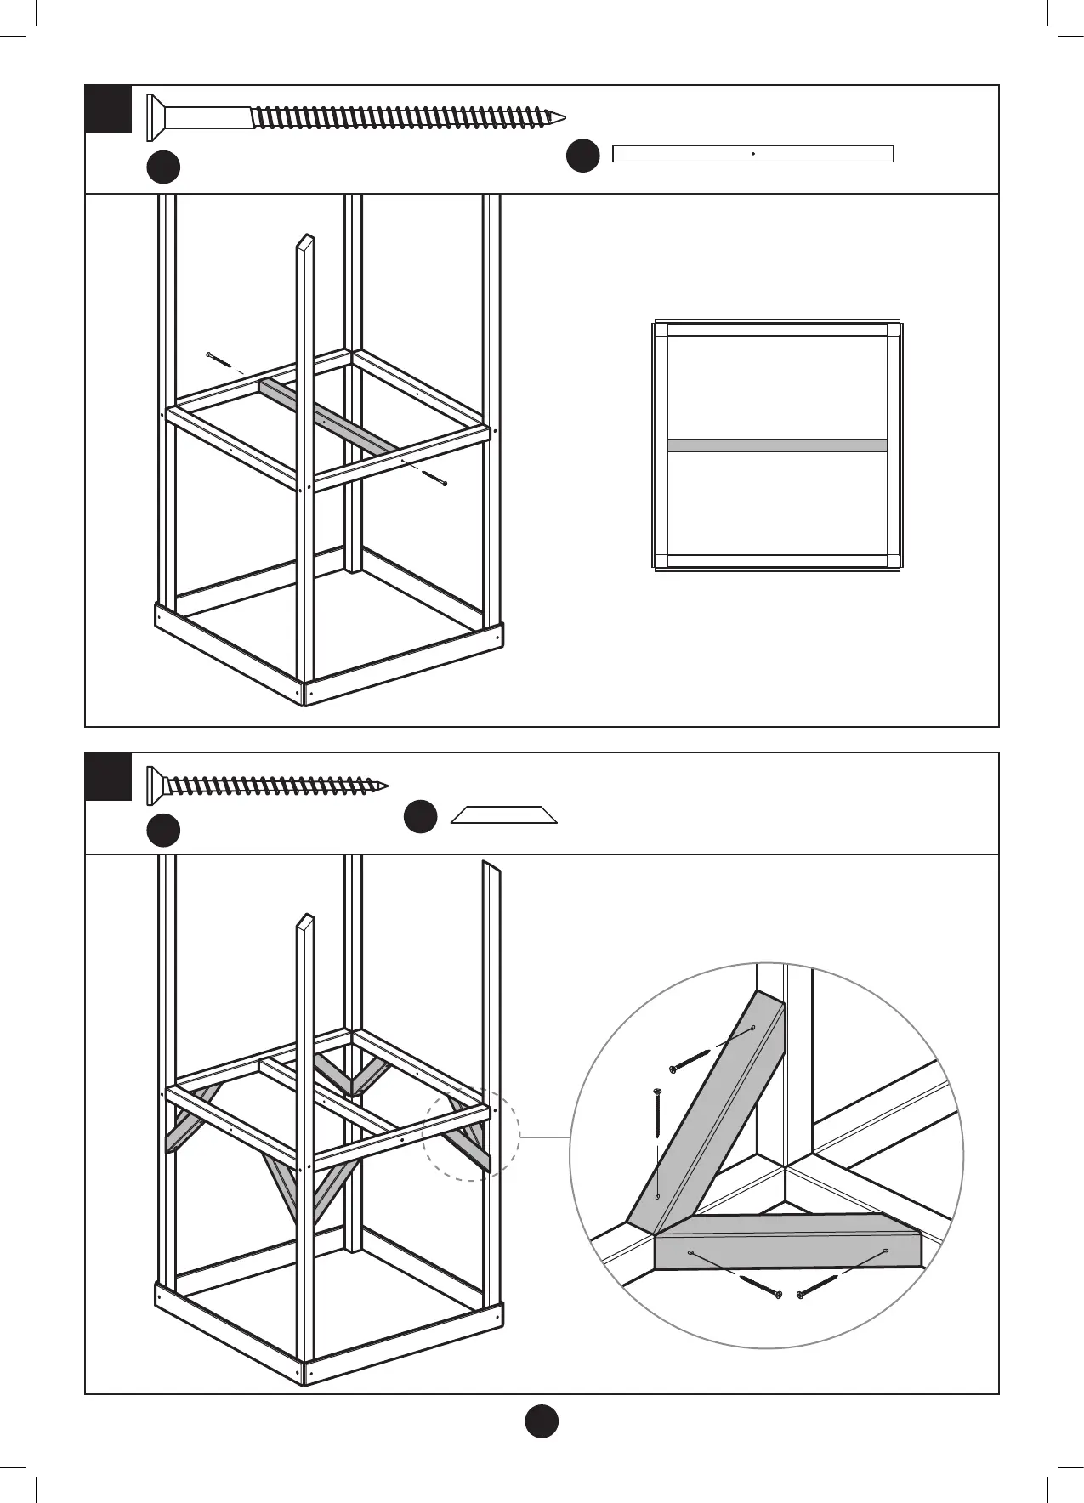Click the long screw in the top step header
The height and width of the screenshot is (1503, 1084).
click(357, 116)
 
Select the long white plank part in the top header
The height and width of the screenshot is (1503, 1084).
click(752, 154)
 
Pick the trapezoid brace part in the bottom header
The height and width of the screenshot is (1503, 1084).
click(503, 815)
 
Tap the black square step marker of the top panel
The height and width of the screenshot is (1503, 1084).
click(109, 109)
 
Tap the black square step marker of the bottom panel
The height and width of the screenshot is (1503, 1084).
click(109, 776)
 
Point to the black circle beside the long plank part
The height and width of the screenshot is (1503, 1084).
click(582, 156)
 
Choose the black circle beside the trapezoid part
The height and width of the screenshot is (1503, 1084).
click(420, 816)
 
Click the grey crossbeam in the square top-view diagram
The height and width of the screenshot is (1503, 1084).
click(777, 445)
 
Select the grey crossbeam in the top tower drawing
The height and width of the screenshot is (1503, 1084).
click(328, 416)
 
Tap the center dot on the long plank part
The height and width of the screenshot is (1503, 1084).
click(753, 154)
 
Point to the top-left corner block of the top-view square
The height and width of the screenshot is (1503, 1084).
click(661, 330)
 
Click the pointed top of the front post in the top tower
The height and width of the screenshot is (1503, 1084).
click(306, 240)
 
